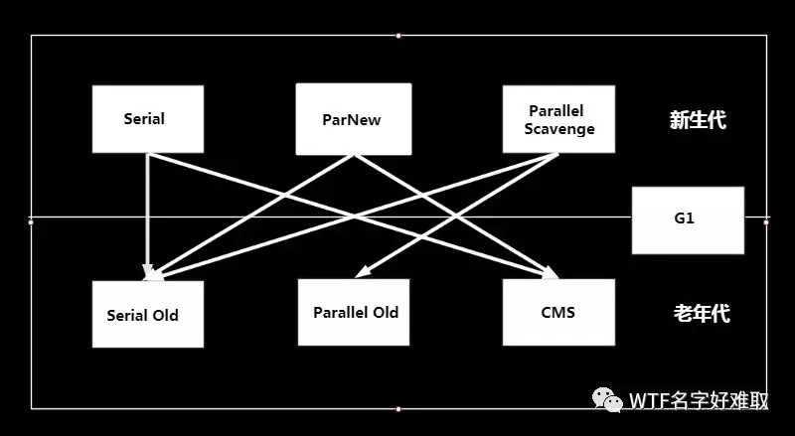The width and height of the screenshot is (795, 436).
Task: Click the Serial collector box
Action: (x=147, y=119)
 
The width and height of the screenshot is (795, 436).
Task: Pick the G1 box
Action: (x=688, y=218)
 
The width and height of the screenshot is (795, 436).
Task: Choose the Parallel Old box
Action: (x=356, y=312)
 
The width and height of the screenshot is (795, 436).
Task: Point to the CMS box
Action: (x=557, y=312)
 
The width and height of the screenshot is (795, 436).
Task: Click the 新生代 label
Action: (x=698, y=121)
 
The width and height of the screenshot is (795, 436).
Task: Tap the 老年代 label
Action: (x=702, y=314)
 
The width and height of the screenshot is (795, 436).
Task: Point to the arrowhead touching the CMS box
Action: (x=550, y=273)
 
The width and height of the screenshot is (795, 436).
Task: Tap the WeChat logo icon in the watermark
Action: (x=608, y=400)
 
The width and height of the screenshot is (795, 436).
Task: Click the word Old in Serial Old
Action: (x=165, y=315)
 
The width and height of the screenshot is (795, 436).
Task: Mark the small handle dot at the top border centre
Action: (x=398, y=36)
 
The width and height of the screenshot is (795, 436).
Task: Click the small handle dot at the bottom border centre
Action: (x=398, y=408)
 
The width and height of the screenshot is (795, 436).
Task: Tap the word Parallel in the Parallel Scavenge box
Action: (x=556, y=109)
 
